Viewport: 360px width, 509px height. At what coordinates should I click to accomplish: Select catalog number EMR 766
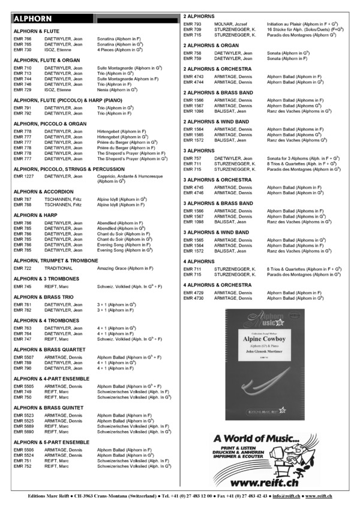tap(22, 38)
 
